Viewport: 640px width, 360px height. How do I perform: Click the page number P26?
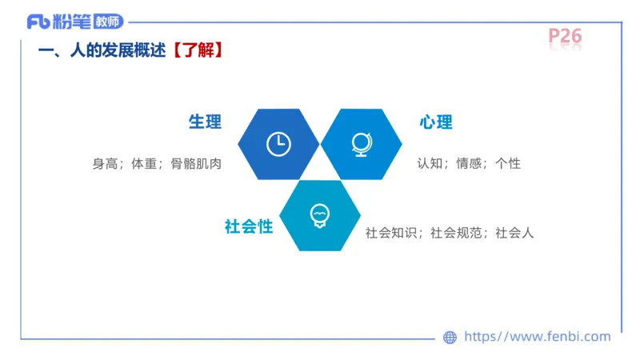565,36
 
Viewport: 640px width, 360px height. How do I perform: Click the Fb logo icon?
37,22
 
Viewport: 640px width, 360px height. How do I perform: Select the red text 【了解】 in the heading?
197,50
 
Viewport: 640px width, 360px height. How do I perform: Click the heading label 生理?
205,122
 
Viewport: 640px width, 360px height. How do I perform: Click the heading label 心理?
436,122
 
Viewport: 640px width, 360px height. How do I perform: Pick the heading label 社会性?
249,226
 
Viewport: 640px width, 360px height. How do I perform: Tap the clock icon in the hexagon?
278,143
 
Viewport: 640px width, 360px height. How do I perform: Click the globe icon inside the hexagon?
361,143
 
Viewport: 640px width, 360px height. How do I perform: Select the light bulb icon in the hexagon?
319,215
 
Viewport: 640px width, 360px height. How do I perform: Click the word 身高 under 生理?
105,164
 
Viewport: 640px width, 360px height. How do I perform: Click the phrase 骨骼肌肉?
196,164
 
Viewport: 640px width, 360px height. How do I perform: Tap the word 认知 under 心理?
430,163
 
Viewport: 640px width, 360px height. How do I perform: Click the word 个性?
508,163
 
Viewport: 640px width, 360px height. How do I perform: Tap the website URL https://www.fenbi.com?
538,337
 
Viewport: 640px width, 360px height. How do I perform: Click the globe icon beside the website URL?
450,338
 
